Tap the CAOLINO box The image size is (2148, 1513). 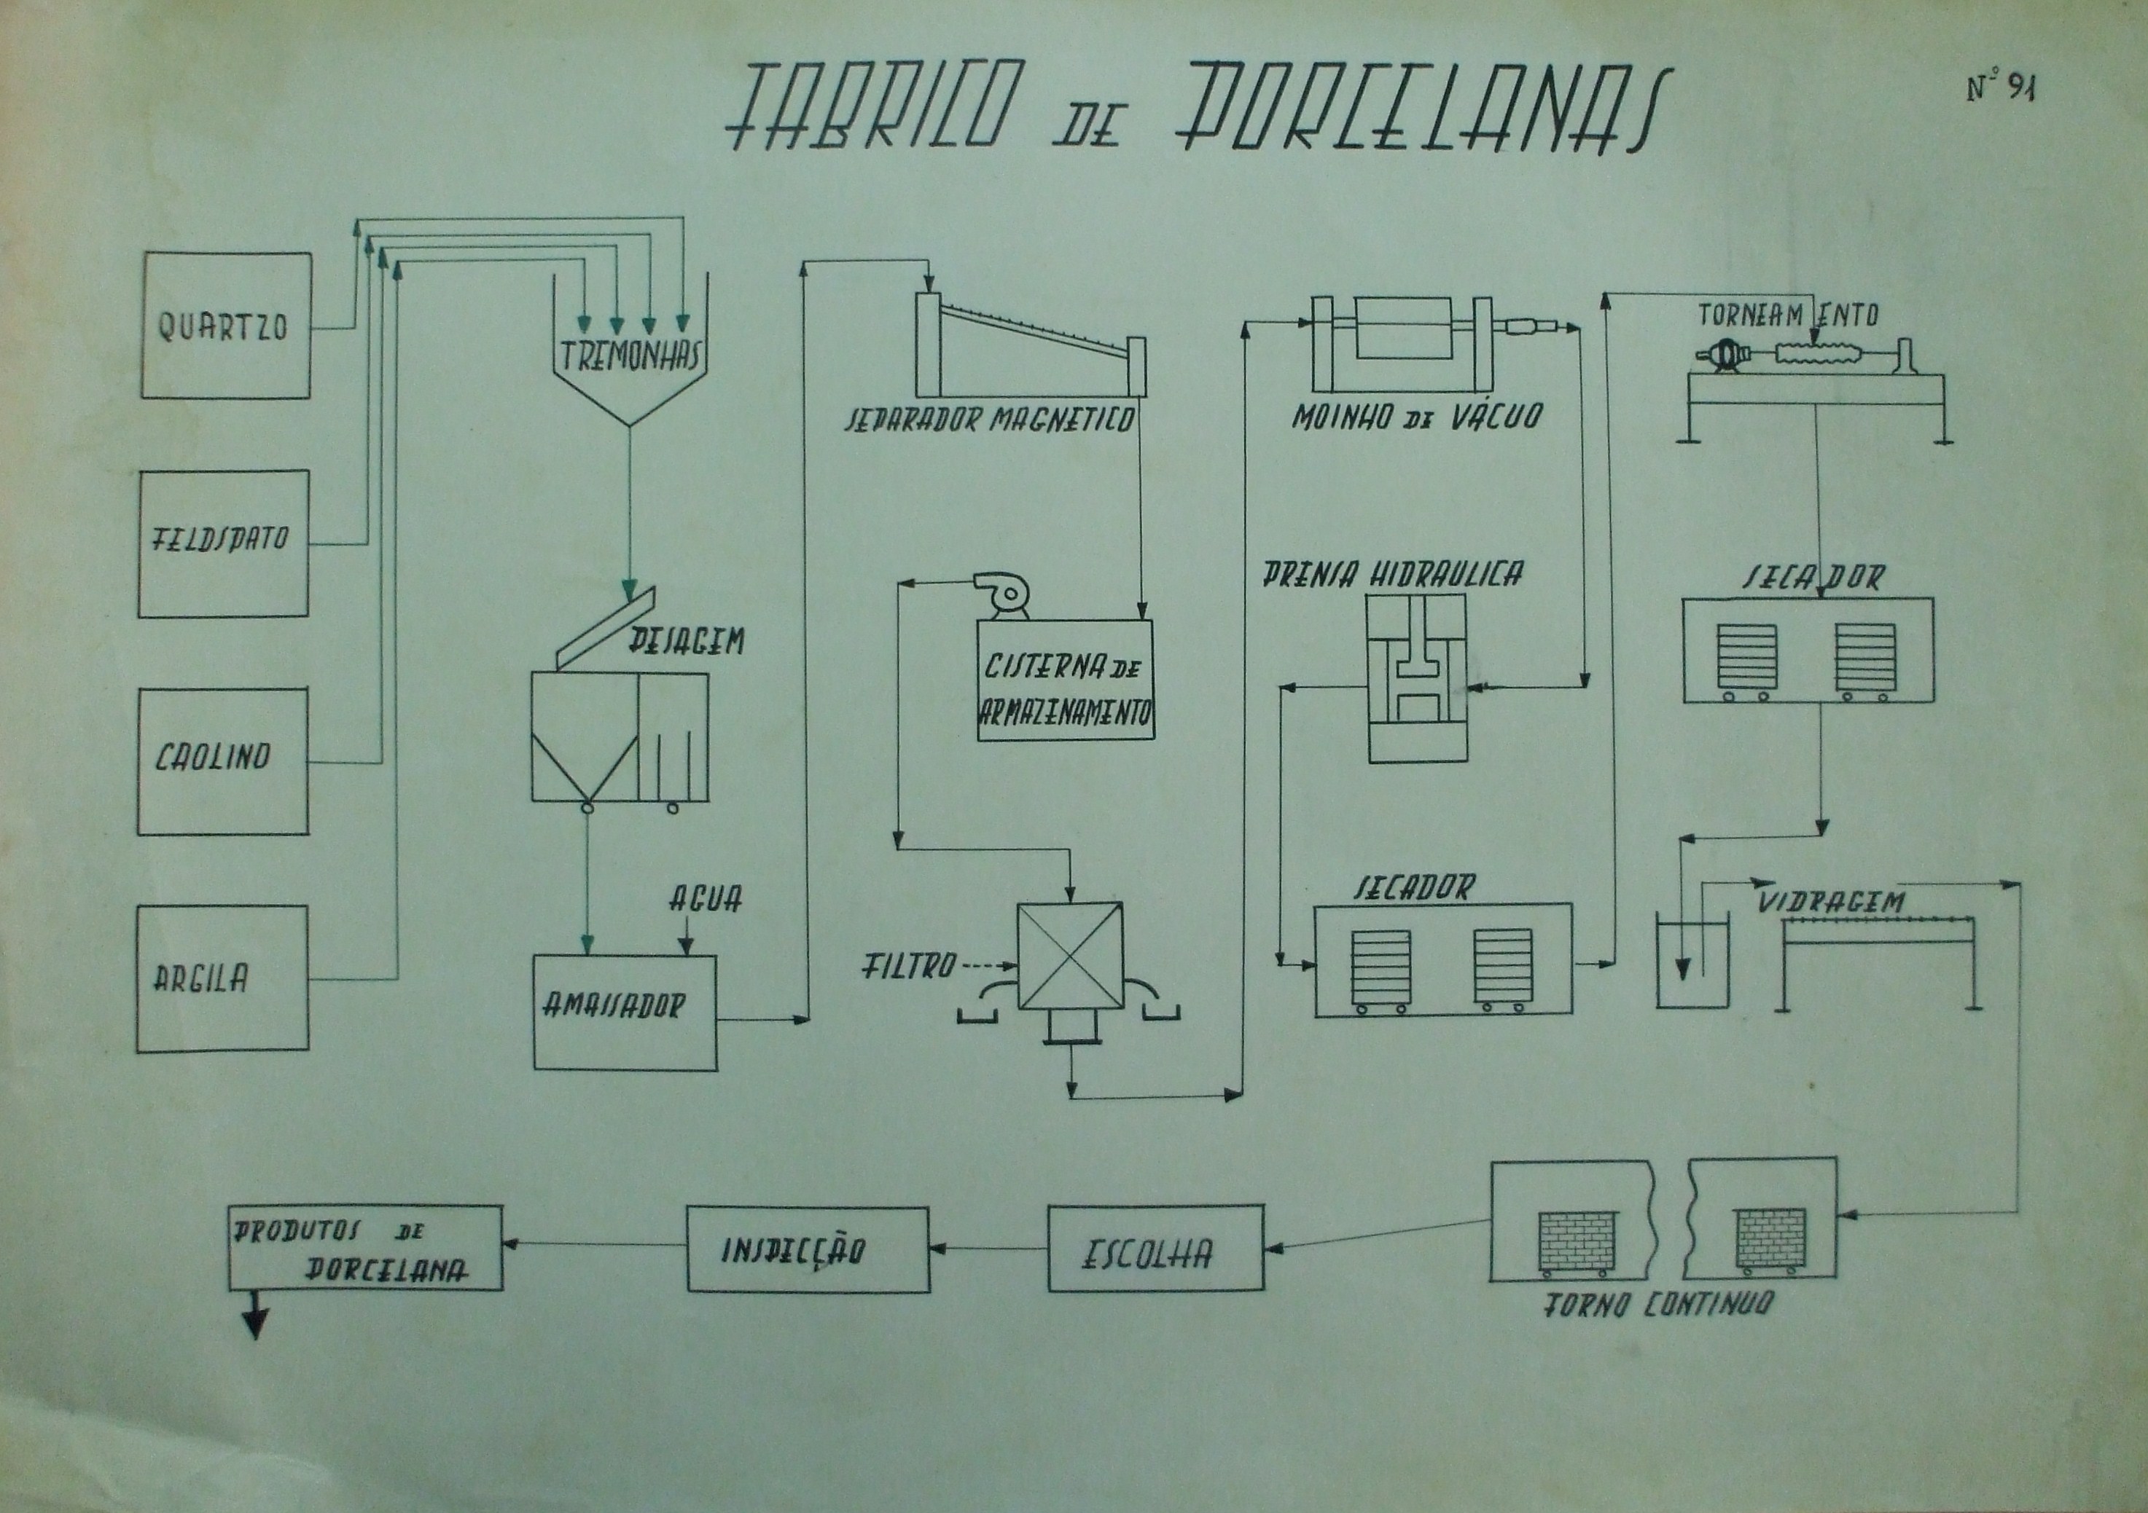point(222,761)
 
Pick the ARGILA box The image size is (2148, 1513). point(222,978)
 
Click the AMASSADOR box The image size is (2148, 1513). point(624,1012)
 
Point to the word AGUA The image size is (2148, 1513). point(706,900)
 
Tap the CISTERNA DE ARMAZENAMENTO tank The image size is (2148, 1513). point(1065,681)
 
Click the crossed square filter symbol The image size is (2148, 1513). point(1069,956)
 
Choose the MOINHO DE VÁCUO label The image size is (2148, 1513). point(1415,416)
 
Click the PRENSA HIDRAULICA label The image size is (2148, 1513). point(1392,573)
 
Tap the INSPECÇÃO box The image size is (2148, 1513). point(808,1249)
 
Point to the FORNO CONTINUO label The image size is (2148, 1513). point(1657,1305)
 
